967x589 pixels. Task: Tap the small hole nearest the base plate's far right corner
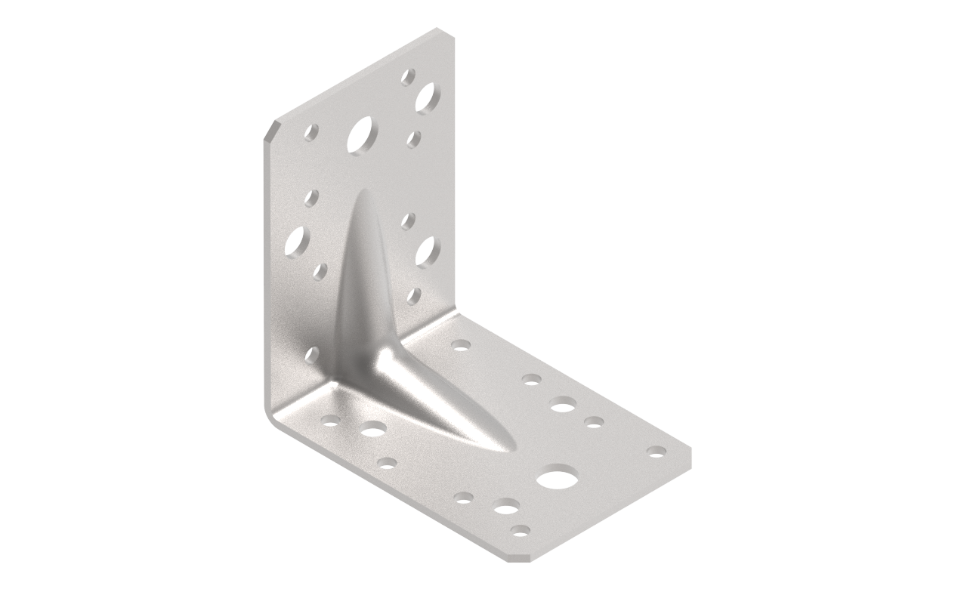656,451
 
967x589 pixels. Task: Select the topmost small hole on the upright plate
408,76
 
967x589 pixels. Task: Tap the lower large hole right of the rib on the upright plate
428,250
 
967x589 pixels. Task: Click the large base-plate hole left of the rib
374,430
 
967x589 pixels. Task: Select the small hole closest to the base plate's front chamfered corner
519,530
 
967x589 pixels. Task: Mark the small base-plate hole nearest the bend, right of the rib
460,344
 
